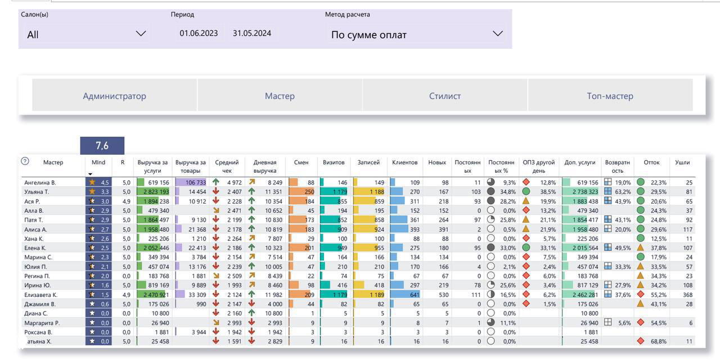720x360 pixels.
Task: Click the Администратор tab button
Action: tap(115, 96)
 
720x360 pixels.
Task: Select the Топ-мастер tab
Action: tap(610, 96)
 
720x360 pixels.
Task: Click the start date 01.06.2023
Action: tap(199, 33)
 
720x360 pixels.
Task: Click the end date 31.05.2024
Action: tap(252, 33)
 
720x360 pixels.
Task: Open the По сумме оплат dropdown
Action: tap(416, 34)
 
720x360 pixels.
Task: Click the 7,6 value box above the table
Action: tap(102, 146)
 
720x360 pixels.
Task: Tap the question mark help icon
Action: tap(25, 161)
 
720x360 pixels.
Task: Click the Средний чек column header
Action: tap(227, 166)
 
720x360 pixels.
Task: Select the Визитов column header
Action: tap(334, 162)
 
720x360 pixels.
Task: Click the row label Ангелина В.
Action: tap(39, 182)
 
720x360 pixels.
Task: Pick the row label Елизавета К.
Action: tap(40, 295)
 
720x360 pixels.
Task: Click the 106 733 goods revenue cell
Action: tap(191, 182)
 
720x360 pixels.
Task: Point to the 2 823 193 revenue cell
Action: tap(153, 192)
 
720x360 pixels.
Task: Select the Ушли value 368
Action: tap(684, 295)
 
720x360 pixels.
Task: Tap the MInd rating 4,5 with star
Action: tap(98, 182)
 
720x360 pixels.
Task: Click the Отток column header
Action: tap(651, 162)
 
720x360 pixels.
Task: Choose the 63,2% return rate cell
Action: tap(618, 192)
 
